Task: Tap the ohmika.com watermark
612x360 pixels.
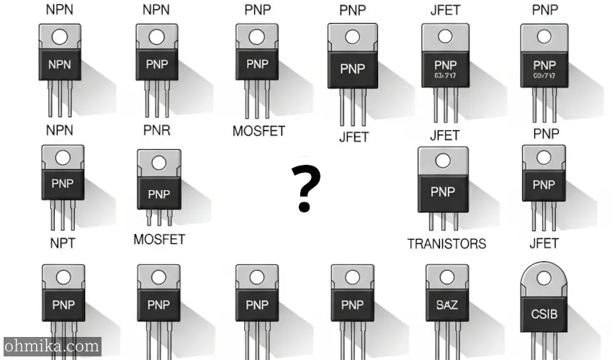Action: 51,347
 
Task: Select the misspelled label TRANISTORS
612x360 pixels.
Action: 446,243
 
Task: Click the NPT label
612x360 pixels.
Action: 62,243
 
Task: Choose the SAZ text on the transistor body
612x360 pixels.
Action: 446,305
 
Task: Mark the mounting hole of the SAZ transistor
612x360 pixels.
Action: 446,276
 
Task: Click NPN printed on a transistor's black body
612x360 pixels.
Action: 61,64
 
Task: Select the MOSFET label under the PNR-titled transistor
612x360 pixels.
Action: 159,239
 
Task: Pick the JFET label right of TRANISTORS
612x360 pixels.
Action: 544,243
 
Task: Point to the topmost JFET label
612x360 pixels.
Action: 445,10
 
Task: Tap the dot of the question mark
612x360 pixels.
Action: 305,206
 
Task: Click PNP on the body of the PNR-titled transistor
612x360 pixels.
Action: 159,194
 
